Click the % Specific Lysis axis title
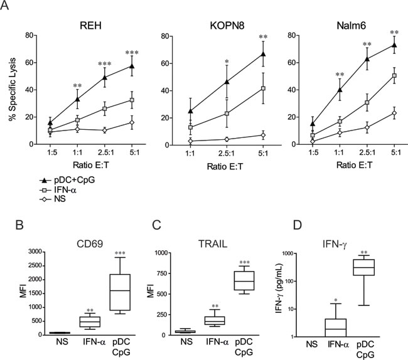[x=10, y=88]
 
